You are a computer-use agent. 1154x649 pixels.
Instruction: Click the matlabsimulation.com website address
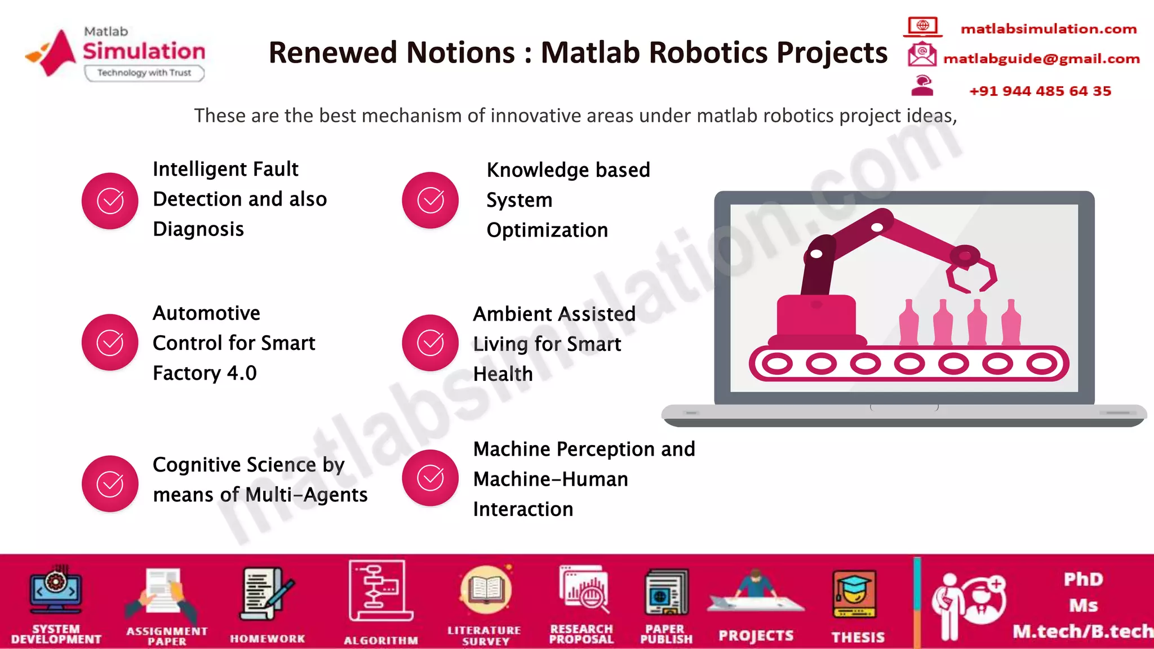coord(1048,29)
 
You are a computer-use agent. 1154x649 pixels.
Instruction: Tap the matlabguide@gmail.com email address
coord(1041,59)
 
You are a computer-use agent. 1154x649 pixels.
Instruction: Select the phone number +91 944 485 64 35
coord(1040,91)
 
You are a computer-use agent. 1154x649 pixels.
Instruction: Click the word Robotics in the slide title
coord(709,52)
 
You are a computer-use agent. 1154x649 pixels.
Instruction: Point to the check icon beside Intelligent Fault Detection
coord(110,201)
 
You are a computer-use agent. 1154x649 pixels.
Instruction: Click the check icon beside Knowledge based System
coord(430,201)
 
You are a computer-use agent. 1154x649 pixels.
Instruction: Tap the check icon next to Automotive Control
coord(110,343)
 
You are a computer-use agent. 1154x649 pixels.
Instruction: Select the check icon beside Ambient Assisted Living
coord(430,343)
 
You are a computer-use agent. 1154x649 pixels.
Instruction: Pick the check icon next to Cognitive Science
coord(110,484)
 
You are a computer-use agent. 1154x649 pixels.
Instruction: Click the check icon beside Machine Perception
coord(430,478)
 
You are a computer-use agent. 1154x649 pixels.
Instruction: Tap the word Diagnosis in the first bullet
coord(198,229)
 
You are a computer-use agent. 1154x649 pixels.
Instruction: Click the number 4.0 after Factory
coord(242,373)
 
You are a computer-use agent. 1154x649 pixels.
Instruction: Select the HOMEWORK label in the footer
coord(267,639)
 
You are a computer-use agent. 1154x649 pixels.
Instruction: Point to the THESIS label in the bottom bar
coord(858,637)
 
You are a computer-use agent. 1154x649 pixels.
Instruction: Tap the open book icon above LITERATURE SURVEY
coord(486,590)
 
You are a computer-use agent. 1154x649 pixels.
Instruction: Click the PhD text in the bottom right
coord(1083,579)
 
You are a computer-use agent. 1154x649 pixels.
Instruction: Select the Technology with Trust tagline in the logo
coord(144,73)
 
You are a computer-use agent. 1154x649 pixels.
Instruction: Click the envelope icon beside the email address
coord(922,55)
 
